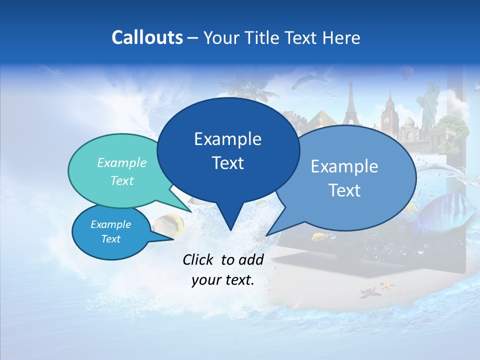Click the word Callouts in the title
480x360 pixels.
[147, 37]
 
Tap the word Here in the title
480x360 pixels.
[340, 38]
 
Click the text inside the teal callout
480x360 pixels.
[121, 171]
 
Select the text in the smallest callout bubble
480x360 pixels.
[110, 231]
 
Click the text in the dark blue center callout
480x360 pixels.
[228, 150]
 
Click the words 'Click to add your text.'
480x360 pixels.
[223, 269]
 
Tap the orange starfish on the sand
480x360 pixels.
[387, 285]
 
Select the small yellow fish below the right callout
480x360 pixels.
[319, 235]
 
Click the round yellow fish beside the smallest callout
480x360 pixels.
[168, 224]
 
